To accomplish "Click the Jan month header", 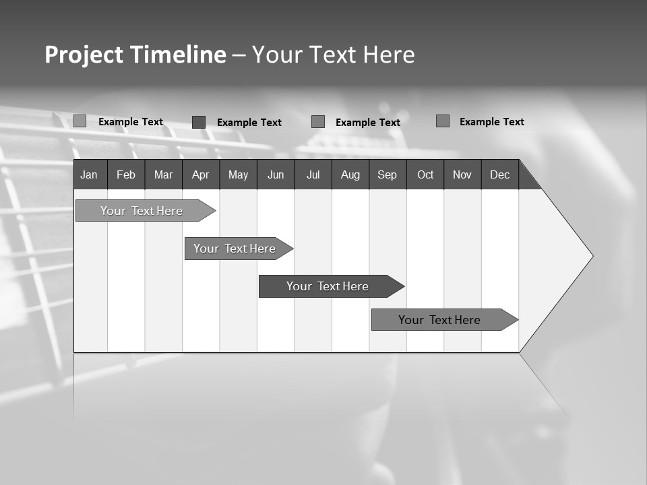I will [89, 174].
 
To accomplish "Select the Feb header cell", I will [126, 174].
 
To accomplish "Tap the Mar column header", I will [163, 174].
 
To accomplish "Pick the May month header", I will [238, 174].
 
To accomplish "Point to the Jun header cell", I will [276, 174].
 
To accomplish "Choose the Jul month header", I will [313, 174].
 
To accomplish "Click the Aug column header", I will [350, 174].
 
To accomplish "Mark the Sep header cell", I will [388, 174].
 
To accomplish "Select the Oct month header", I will [425, 174].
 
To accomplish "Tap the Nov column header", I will [462, 174].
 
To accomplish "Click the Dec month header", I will [500, 174].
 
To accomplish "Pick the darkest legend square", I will [199, 122].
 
